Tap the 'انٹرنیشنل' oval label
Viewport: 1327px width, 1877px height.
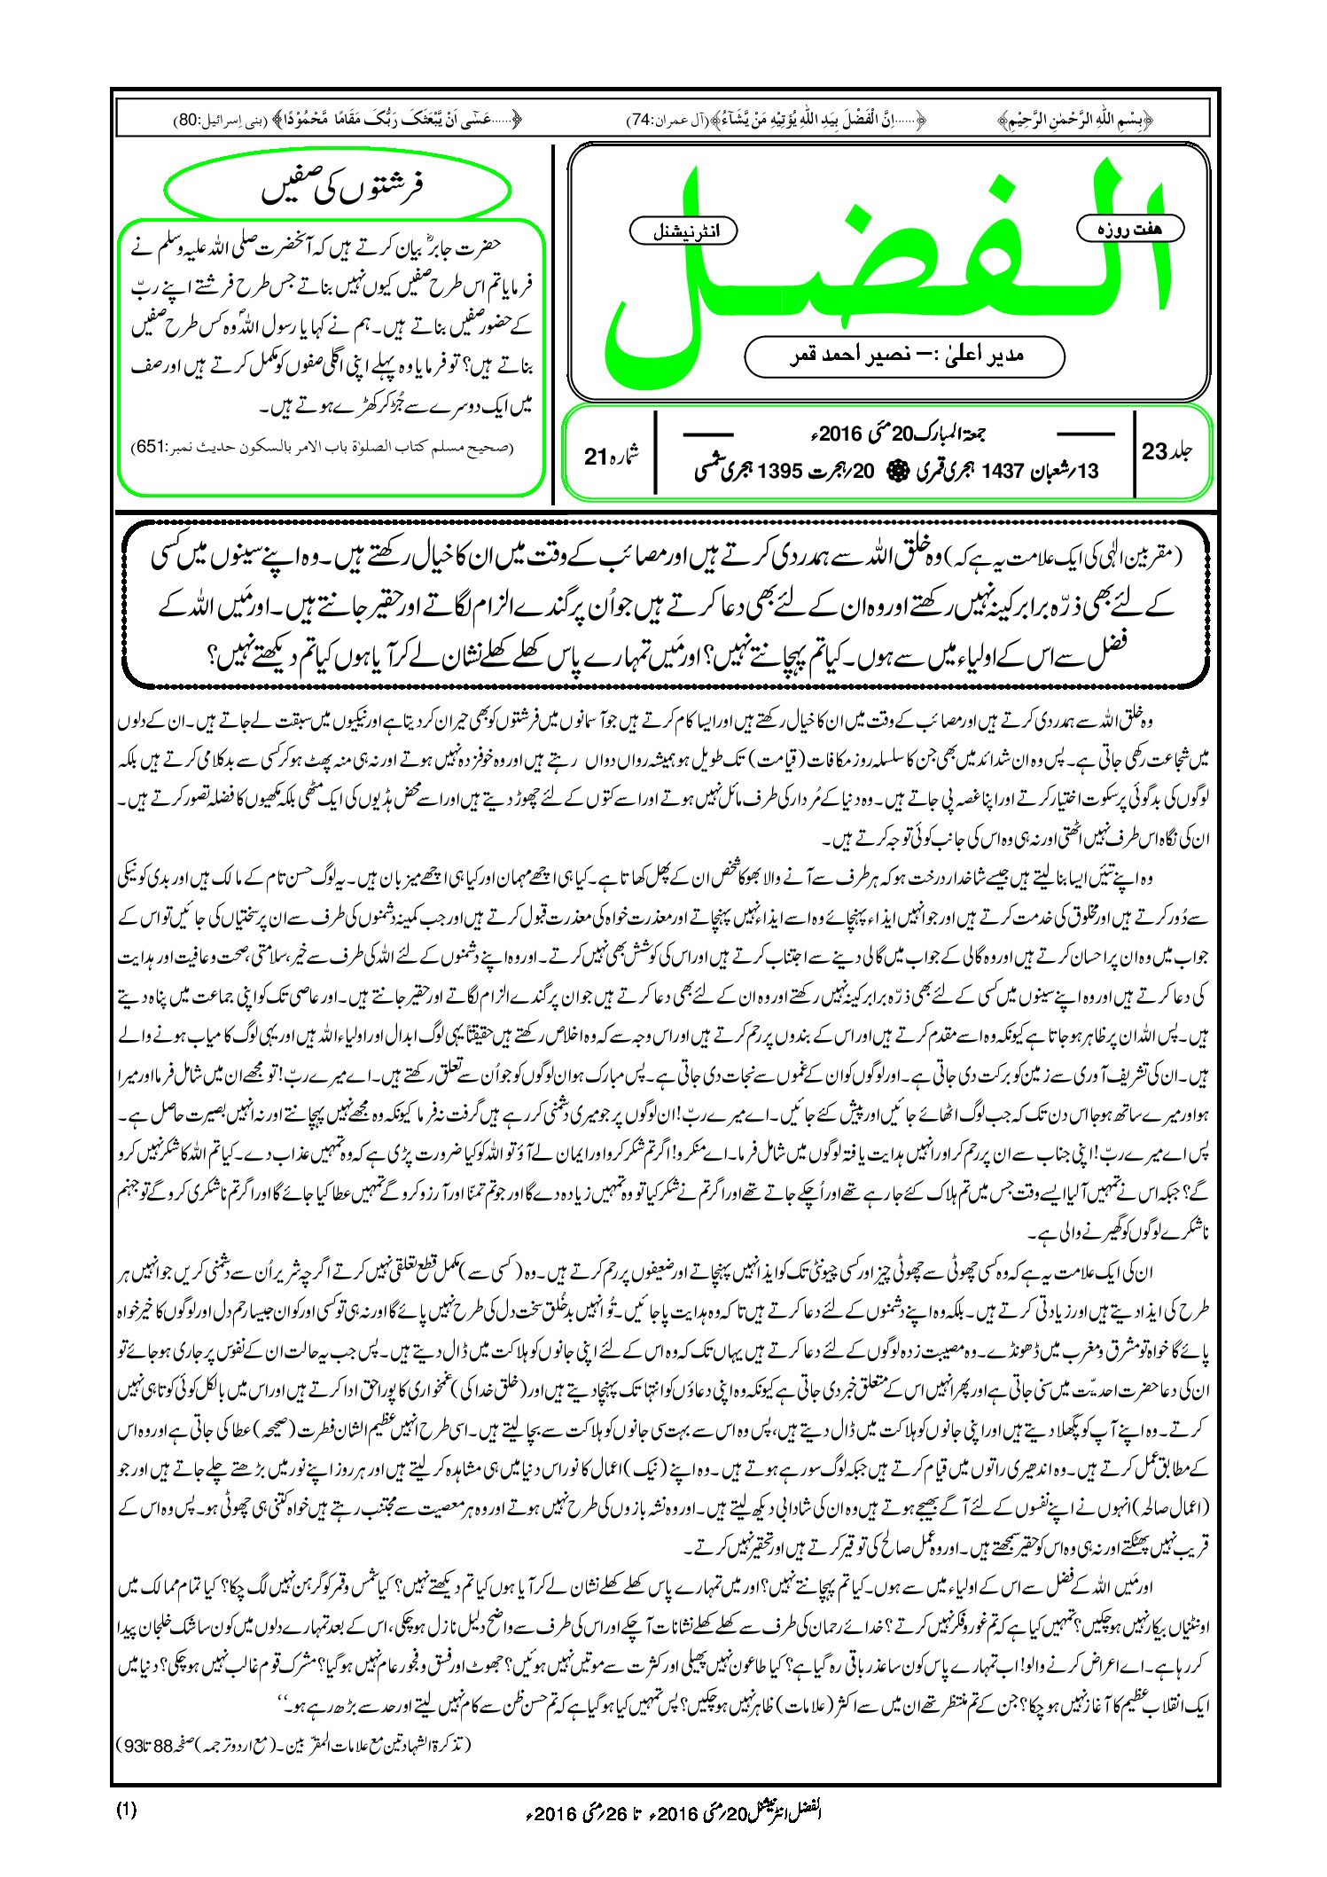683,231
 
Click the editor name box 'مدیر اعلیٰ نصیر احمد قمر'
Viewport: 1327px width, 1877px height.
904,356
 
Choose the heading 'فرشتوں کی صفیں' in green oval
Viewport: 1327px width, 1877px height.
339,188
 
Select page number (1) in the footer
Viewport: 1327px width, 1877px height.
127,1811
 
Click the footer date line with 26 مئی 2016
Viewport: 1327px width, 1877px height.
675,1812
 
